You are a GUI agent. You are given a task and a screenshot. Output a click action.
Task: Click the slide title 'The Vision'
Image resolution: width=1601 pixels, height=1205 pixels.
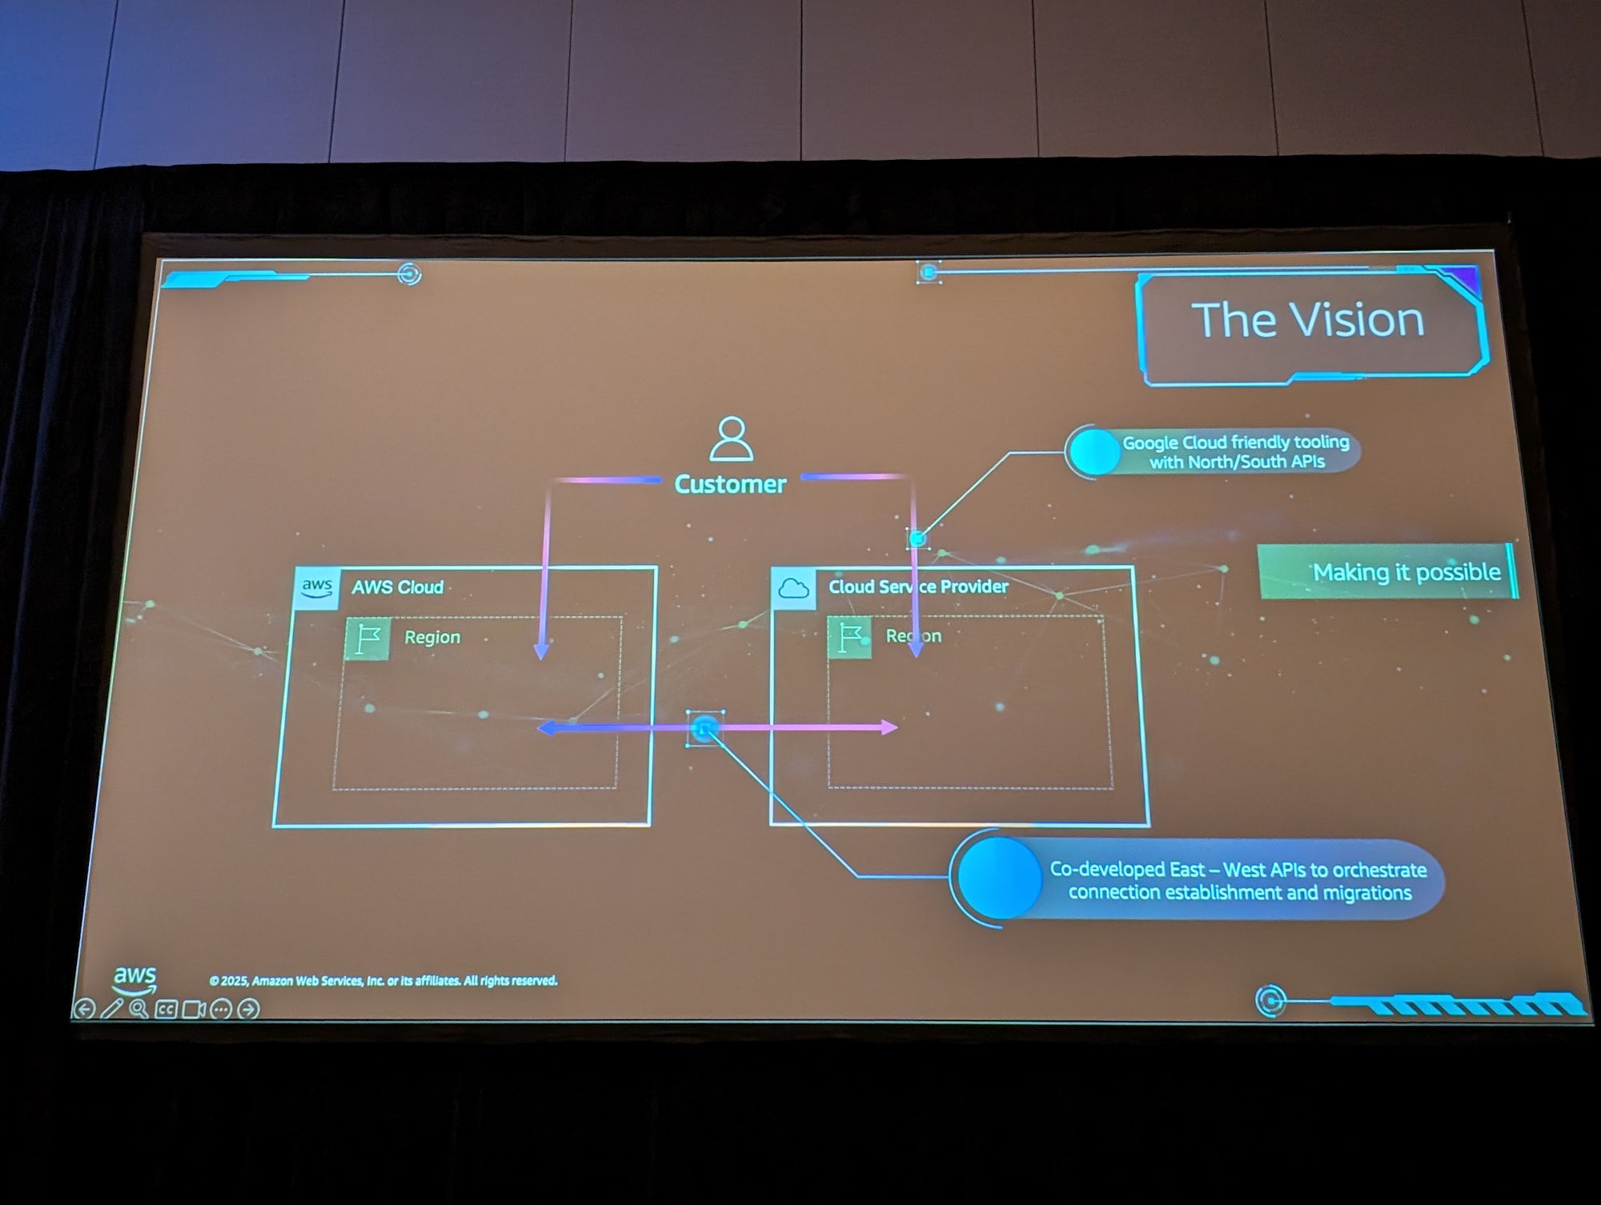[1307, 320]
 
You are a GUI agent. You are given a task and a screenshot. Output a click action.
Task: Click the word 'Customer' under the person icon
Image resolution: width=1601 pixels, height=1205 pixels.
[730, 484]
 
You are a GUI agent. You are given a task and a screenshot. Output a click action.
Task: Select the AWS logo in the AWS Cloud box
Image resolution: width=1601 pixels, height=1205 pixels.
[317, 588]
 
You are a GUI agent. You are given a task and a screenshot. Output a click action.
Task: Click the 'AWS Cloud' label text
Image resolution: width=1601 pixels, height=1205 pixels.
[397, 587]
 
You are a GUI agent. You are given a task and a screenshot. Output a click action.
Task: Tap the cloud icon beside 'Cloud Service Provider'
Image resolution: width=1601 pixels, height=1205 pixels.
[793, 589]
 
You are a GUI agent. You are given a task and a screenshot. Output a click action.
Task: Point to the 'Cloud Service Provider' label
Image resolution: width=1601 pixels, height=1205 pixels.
[918, 586]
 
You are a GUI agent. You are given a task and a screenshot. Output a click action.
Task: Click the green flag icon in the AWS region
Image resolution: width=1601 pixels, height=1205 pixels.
[368, 639]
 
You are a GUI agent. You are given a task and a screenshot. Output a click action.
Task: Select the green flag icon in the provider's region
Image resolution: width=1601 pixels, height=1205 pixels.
[849, 638]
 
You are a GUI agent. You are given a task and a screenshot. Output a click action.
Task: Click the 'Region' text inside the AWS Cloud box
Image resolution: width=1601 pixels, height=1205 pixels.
[432, 637]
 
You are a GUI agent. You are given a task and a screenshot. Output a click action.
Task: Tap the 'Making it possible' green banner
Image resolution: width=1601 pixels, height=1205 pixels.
[1388, 572]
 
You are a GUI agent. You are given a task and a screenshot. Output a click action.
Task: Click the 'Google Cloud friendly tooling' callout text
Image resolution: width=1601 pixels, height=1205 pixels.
[1235, 451]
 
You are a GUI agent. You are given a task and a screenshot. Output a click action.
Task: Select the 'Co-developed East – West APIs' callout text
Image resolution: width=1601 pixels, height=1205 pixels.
[1238, 880]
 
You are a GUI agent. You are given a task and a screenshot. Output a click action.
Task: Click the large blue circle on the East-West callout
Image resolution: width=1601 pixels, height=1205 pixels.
[999, 878]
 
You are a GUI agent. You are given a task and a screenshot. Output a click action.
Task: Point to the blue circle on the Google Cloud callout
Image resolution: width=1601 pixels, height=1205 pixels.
[1094, 452]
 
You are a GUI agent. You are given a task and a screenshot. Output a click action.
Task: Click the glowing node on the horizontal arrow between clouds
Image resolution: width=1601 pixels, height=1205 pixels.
[704, 728]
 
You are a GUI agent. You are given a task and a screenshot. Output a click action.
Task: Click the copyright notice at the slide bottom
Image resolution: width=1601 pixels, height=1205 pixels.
[383, 980]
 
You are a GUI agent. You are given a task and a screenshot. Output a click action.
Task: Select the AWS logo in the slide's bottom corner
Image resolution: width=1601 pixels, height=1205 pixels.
[134, 978]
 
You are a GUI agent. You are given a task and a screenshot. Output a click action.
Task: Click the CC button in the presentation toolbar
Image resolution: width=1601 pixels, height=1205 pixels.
[166, 1009]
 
